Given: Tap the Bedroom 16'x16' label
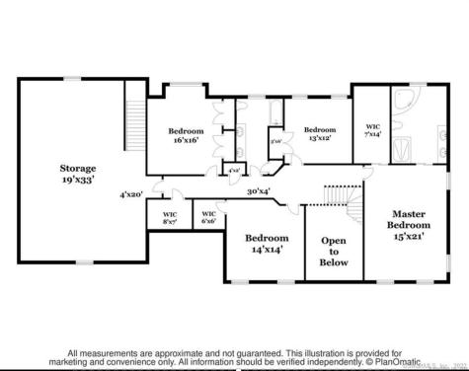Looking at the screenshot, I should click(x=185, y=135).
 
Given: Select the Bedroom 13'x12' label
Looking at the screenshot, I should click(x=319, y=134).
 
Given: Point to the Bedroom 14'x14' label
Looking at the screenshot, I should click(x=267, y=244).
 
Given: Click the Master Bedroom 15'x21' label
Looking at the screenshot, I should click(x=409, y=225).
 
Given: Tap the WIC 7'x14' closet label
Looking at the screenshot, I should click(x=373, y=130).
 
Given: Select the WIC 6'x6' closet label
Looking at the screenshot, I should click(x=209, y=216).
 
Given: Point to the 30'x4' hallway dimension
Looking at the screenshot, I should click(x=259, y=191).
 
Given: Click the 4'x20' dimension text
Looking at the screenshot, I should click(x=131, y=194).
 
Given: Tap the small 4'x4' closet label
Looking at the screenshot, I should click(x=233, y=171).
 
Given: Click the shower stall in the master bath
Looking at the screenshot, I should click(x=406, y=150).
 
